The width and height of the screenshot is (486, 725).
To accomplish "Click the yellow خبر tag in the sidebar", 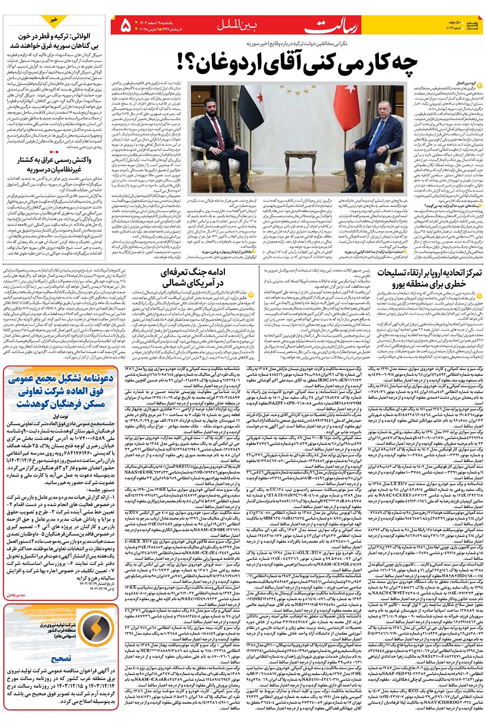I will click(x=54, y=20).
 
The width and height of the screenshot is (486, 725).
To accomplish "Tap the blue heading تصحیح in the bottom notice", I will click(x=60, y=659).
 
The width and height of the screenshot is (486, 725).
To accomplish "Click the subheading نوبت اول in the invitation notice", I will click(x=60, y=416).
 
